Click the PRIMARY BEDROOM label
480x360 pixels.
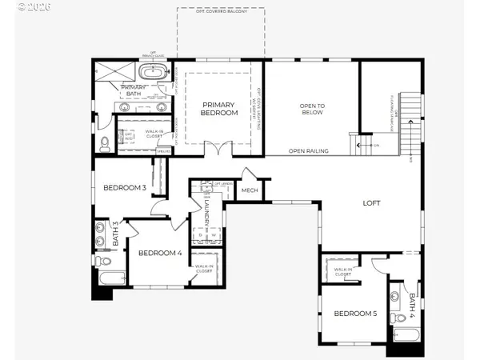pos(220,109)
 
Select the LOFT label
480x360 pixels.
pos(371,202)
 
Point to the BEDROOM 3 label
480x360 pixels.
pos(124,189)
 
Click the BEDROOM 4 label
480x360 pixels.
pos(160,254)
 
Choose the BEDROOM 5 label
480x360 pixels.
pos(355,314)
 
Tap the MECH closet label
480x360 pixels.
pos(250,190)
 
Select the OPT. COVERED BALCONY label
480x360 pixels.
pos(221,12)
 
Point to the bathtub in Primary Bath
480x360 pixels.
pos(152,73)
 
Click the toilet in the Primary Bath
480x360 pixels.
pos(106,145)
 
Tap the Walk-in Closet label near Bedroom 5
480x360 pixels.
pos(342,273)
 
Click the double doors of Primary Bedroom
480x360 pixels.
pos(212,150)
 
